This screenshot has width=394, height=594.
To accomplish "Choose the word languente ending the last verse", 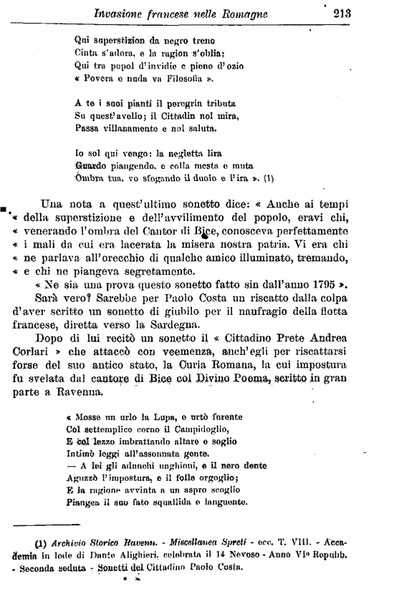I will point(224,503).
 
